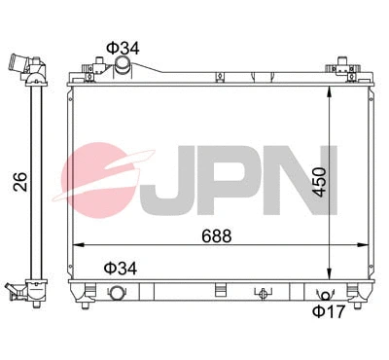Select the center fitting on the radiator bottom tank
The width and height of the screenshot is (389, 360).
[261, 291]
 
